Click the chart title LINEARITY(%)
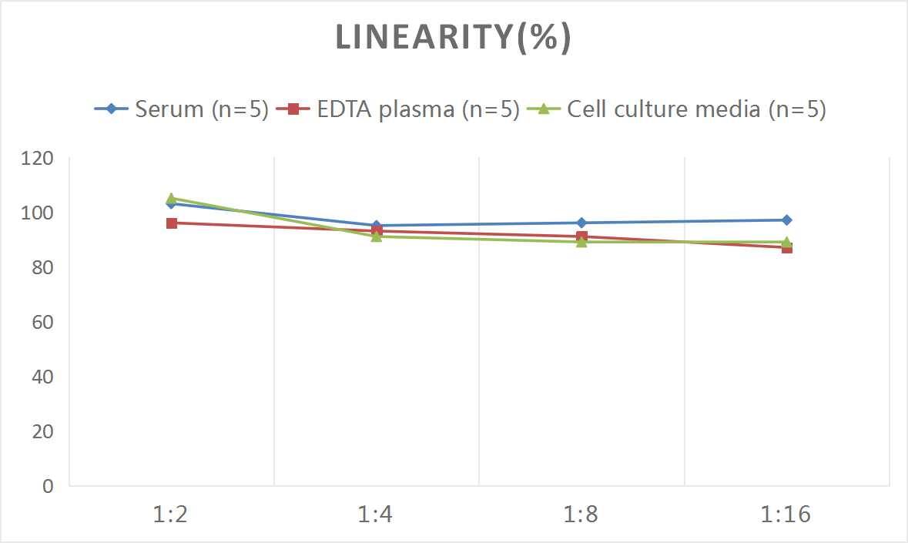pyautogui.click(x=453, y=38)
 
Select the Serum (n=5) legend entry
pyautogui.click(x=182, y=109)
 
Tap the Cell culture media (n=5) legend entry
pyautogui.click(x=677, y=109)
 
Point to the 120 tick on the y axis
pyautogui.click(x=38, y=158)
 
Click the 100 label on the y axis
pyautogui.click(x=38, y=213)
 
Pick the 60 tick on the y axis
pyautogui.click(x=42, y=322)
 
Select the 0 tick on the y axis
pyautogui.click(x=48, y=486)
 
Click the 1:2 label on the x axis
pyautogui.click(x=171, y=515)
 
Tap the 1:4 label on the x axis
pyautogui.click(x=376, y=515)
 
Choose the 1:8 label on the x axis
pyautogui.click(x=581, y=515)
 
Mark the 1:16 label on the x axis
pyautogui.click(x=786, y=515)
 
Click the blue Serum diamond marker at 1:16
pyautogui.click(x=786, y=220)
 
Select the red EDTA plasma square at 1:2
pyautogui.click(x=172, y=223)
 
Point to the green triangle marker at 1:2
pyautogui.click(x=172, y=198)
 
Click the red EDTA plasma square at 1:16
pyautogui.click(x=786, y=247)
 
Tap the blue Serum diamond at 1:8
pyautogui.click(x=581, y=223)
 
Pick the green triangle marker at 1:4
pyautogui.click(x=377, y=236)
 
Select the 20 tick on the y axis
pyautogui.click(x=42, y=431)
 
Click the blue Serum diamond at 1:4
pyautogui.click(x=377, y=226)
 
